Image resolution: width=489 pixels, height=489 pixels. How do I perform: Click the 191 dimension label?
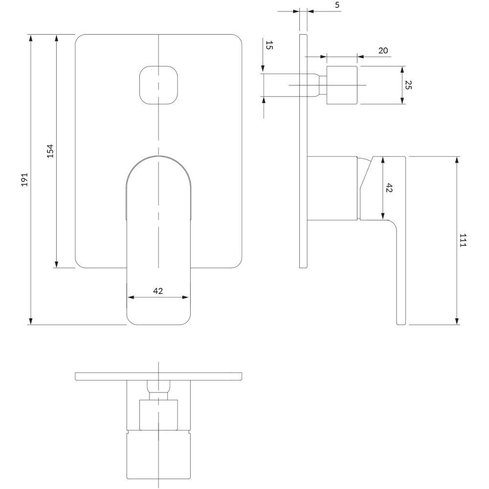(25, 179)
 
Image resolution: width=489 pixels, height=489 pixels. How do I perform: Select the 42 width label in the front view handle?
(158, 290)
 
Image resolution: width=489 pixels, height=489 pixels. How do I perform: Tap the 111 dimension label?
(463, 241)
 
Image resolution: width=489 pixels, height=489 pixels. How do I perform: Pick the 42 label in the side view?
(389, 188)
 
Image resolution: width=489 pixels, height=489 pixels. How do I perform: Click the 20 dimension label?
(383, 51)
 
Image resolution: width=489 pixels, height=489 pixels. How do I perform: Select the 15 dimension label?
(268, 46)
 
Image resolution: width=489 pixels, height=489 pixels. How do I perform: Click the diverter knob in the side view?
(341, 85)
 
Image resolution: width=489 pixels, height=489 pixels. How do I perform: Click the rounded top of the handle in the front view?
(158, 166)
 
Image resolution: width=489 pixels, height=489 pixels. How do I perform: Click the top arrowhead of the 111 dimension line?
(458, 160)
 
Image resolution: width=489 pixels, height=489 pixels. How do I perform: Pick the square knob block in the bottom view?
(158, 415)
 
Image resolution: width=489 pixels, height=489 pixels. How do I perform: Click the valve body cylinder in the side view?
(333, 186)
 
